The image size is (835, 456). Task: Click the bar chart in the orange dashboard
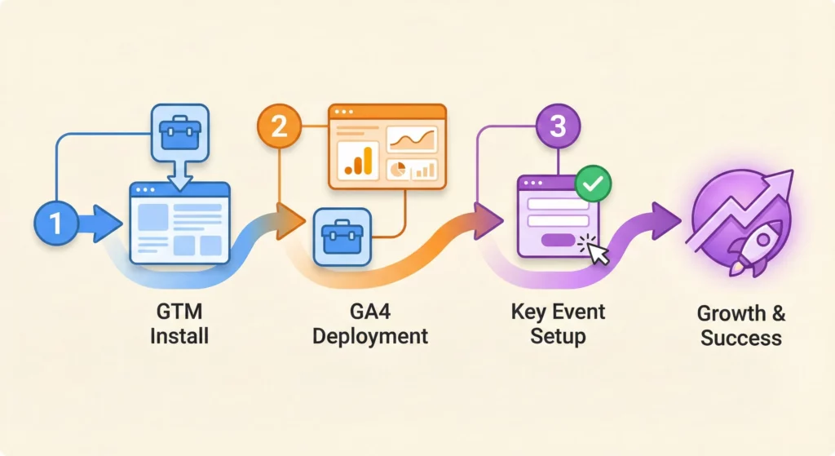click(357, 161)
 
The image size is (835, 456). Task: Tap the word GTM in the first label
click(179, 313)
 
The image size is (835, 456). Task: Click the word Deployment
click(370, 335)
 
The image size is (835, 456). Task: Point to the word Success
click(740, 338)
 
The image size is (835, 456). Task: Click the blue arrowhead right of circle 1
click(105, 224)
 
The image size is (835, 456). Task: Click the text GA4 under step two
click(371, 312)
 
